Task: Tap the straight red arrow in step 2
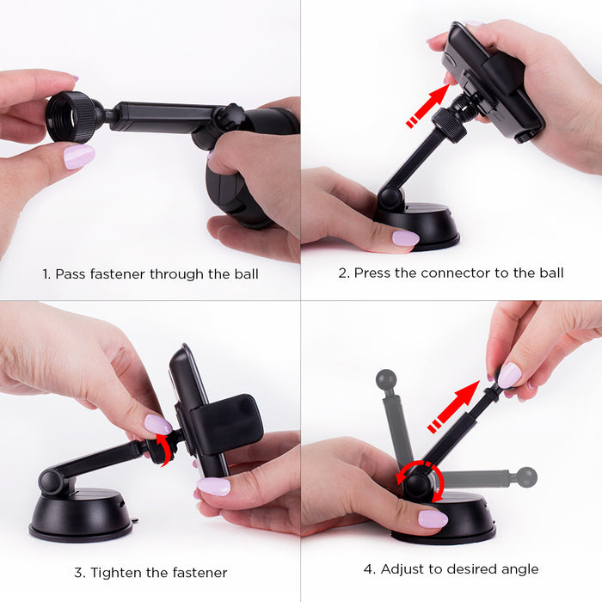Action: click(x=428, y=105)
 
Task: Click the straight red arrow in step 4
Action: click(x=454, y=406)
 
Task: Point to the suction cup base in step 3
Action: click(x=81, y=515)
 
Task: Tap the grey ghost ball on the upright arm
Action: click(x=386, y=380)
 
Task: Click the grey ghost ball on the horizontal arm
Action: click(x=526, y=477)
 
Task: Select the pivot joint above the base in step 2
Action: click(x=390, y=197)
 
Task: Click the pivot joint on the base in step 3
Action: click(x=51, y=482)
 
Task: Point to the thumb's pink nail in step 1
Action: click(x=79, y=157)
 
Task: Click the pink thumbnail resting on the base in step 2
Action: click(x=405, y=238)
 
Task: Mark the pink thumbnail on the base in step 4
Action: click(x=433, y=519)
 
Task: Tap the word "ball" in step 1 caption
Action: click(x=246, y=274)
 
